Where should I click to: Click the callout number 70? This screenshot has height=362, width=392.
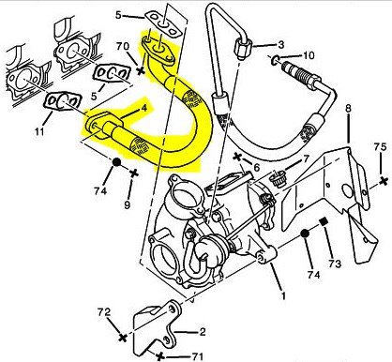[x=123, y=46]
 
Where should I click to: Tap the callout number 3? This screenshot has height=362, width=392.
[x=281, y=44]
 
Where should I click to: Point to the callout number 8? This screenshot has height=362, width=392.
[x=348, y=109]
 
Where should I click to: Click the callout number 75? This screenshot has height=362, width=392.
[x=381, y=147]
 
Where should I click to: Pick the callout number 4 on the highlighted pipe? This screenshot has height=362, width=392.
[x=143, y=108]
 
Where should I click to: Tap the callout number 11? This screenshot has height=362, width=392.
[x=39, y=131]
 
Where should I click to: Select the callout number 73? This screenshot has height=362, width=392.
[x=335, y=264]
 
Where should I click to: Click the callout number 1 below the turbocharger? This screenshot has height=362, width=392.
[x=283, y=295]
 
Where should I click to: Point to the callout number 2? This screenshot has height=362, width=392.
[x=203, y=332]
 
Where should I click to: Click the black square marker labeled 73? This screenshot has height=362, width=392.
[x=323, y=221]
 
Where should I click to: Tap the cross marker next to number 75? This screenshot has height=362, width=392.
[x=384, y=181]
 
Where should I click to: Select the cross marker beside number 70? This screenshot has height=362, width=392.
[x=141, y=70]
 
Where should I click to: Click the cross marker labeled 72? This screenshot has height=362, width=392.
[x=123, y=338]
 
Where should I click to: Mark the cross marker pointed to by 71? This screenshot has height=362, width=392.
[x=160, y=356]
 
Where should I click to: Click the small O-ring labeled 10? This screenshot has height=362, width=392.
[x=274, y=60]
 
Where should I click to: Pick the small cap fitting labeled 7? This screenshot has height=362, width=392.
[x=279, y=179]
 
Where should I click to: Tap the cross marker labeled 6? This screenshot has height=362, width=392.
[x=237, y=157]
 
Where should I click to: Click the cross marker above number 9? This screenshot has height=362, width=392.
[x=134, y=173]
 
